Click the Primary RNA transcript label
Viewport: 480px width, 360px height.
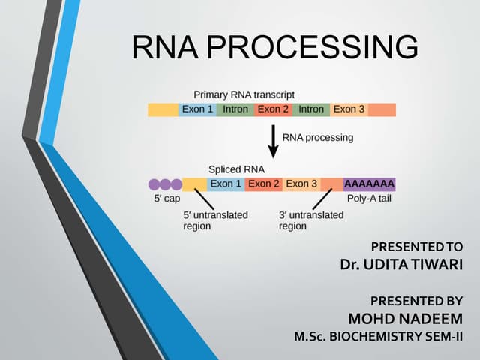pos(244,95)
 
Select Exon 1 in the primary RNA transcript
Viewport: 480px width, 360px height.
pos(197,109)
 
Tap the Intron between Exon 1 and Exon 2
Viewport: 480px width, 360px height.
pos(235,109)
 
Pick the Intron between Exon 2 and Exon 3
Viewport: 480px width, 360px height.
pos(310,109)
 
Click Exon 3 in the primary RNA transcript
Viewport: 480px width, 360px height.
pos(349,109)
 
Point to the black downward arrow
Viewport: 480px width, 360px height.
pos(273,140)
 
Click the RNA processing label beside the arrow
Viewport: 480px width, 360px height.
pos(317,138)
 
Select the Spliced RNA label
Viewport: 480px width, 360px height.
pos(236,169)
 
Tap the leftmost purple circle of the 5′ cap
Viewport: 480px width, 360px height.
pos(154,184)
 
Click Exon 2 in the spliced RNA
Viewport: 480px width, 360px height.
pos(264,184)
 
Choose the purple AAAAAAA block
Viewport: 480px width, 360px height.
pos(369,184)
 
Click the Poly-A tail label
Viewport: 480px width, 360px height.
pos(369,199)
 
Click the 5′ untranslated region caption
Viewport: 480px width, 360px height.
pos(215,220)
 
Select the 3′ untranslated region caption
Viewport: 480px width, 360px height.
pos(310,220)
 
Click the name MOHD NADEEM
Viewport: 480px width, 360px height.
pos(406,316)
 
